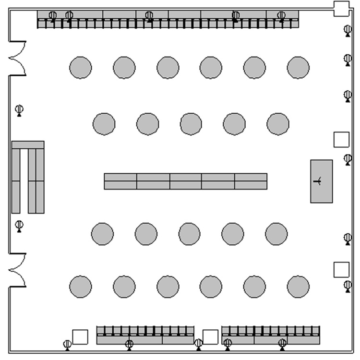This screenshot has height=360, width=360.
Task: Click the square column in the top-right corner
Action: coord(341,8)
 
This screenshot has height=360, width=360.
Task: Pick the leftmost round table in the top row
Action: coord(80,67)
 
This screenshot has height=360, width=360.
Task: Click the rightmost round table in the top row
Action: coord(298,67)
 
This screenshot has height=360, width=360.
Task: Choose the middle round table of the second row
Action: coord(191,124)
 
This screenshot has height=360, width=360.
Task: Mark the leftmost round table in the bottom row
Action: coord(80,287)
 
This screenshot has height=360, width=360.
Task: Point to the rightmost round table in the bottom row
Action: coord(298,287)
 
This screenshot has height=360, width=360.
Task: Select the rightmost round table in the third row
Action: coord(276,234)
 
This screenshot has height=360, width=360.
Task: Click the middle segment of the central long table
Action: coord(185,181)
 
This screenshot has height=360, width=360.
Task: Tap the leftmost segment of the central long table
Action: coord(120,181)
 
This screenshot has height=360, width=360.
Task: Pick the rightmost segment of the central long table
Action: coord(251,181)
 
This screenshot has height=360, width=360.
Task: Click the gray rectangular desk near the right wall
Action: coord(321,181)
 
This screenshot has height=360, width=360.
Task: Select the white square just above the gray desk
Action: coord(341,139)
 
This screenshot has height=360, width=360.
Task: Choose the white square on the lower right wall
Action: coord(341,269)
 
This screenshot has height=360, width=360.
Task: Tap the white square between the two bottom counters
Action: coord(210,336)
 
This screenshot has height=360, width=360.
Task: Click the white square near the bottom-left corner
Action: coord(80,336)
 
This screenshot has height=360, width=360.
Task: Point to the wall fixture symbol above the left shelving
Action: coord(19,110)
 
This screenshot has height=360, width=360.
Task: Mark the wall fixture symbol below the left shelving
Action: coord(19,225)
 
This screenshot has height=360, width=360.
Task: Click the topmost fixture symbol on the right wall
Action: coord(348,30)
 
